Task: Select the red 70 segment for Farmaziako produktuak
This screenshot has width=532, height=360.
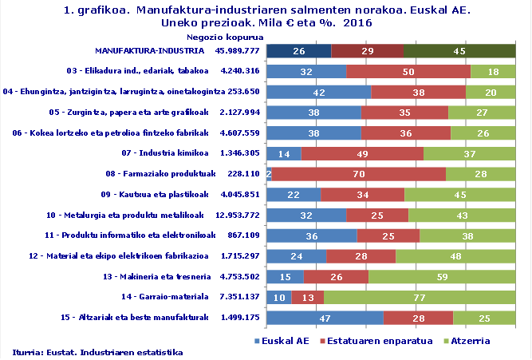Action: tap(359, 174)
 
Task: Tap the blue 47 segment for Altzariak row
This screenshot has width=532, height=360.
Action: tap(325, 318)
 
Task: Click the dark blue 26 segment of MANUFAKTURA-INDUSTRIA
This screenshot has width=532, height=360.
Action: tap(298, 52)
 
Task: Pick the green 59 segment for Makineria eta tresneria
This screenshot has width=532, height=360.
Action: tap(442, 277)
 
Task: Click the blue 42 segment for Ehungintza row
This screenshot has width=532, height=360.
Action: tap(318, 92)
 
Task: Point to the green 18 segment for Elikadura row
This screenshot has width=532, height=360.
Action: tap(493, 72)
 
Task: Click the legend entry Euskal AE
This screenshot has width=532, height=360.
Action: tap(283, 341)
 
